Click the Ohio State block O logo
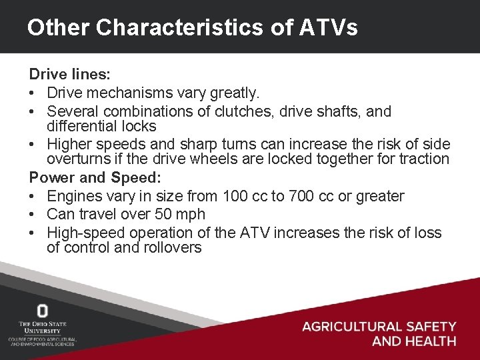43,311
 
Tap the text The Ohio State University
43,327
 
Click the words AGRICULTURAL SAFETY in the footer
379,327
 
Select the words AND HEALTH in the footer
414,341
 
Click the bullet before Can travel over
33,214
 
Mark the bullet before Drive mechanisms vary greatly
33,93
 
